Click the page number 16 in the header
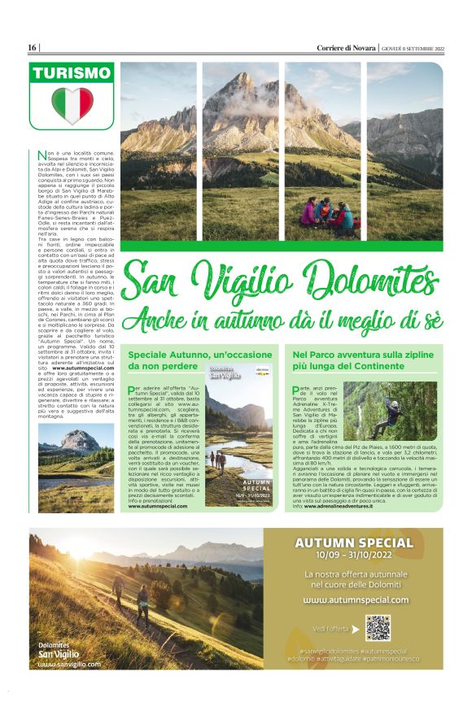33,48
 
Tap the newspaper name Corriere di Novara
347,48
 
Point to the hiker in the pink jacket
310,214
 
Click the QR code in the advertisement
377,627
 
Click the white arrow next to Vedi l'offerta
355,628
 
